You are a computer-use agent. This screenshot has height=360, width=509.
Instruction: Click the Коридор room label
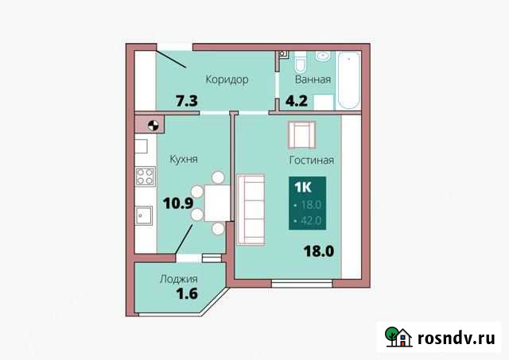[x=227, y=79]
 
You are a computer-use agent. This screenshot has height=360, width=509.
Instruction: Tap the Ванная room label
[x=313, y=79]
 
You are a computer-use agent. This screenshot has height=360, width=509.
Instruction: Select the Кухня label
[x=183, y=159]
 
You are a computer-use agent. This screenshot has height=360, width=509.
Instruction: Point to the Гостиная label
[x=311, y=160]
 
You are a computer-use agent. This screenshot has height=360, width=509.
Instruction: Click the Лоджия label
[x=178, y=279]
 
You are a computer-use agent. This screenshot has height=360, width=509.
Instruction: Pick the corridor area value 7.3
[x=187, y=101]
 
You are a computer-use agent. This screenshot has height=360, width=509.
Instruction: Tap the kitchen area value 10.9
[x=179, y=203]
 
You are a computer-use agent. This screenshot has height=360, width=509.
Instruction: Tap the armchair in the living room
[x=302, y=134]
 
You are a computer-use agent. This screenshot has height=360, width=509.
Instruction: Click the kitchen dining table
[x=216, y=203]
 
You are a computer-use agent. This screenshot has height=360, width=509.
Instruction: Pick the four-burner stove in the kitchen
[x=144, y=176]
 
